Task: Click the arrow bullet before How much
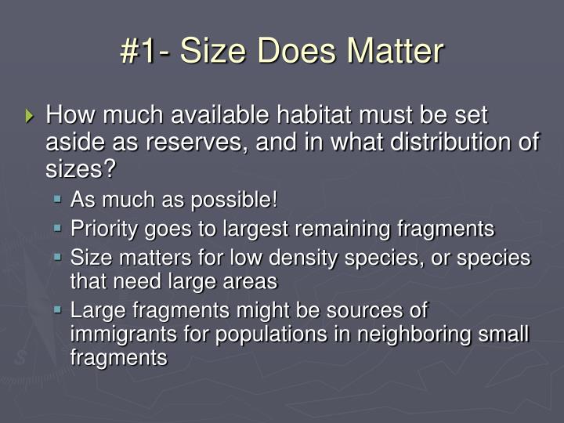click(31, 117)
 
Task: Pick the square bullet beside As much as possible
click(58, 201)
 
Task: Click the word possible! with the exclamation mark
click(240, 201)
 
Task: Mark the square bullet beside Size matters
click(58, 258)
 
